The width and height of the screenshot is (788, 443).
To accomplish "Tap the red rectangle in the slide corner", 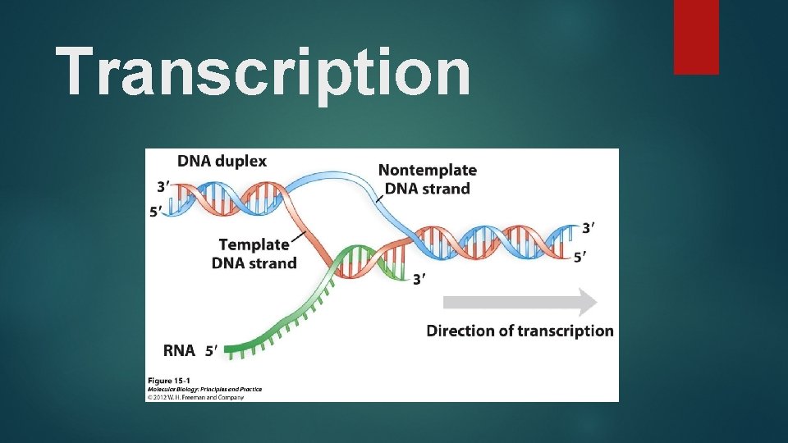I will click(696, 37).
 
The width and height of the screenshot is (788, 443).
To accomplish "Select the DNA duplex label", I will click(222, 161).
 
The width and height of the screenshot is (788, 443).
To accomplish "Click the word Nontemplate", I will click(427, 170).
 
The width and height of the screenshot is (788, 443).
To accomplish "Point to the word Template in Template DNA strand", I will click(254, 244).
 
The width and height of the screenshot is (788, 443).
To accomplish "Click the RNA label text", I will click(179, 351).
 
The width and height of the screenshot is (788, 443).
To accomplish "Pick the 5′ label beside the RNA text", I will click(212, 351).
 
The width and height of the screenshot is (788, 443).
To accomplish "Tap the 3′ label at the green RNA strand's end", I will click(419, 280).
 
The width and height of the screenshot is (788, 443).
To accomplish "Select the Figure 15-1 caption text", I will click(172, 380).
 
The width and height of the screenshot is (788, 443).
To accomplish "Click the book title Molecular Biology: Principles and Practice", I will click(204, 388).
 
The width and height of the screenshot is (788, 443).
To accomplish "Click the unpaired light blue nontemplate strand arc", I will click(345, 180).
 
